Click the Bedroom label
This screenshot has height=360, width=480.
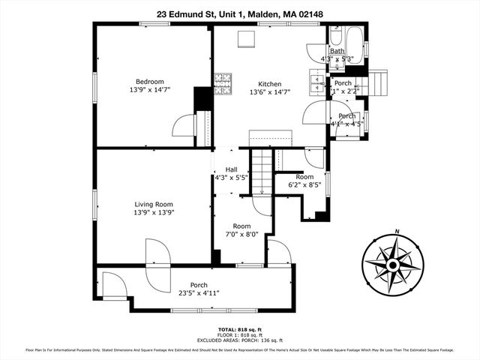tap(149, 82)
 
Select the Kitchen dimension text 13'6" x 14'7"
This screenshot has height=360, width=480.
tap(269, 92)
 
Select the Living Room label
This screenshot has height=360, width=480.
tap(154, 204)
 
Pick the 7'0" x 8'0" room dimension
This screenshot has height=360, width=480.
tap(241, 235)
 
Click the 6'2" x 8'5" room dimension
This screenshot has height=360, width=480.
tap(304, 184)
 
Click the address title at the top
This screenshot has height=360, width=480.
tap(240, 13)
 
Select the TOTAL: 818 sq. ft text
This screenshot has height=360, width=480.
tap(240, 329)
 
